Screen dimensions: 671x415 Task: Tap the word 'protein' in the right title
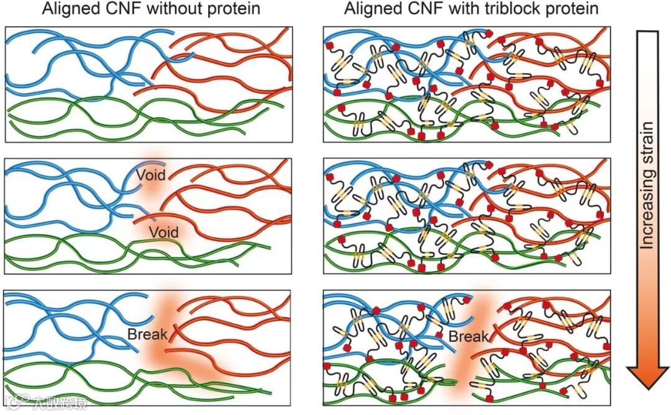pos(576,9)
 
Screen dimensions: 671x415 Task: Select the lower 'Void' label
pos(164,233)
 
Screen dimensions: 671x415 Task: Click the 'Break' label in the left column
pos(147,335)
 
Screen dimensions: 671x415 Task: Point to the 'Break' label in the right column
pos(468,336)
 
